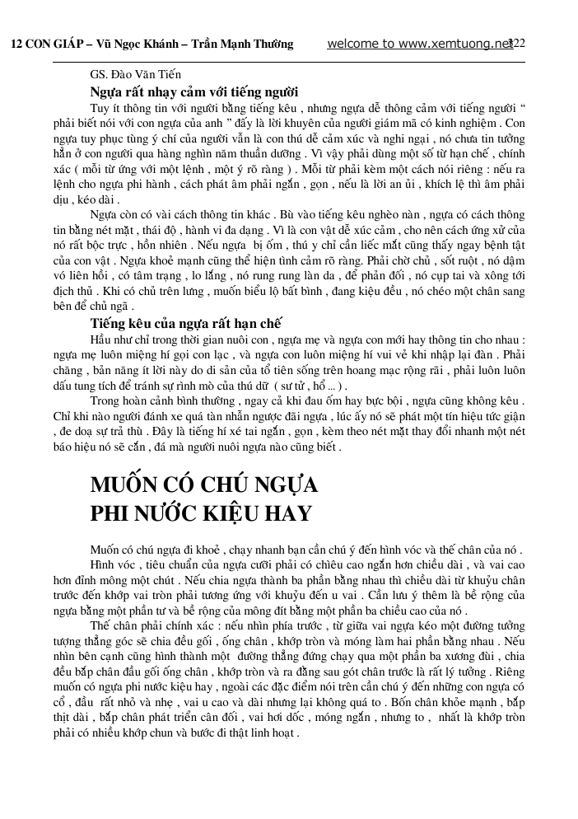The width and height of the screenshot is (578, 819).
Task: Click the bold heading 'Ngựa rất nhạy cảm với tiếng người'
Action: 193,91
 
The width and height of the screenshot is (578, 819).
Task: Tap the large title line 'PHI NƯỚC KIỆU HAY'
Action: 201,513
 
